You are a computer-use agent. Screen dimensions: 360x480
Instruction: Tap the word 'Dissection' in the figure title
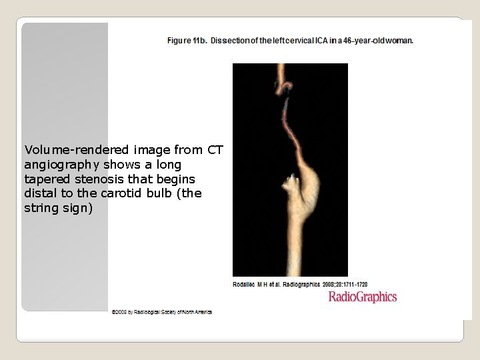(x=230, y=41)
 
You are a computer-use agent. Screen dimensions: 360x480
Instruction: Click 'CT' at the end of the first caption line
(x=215, y=150)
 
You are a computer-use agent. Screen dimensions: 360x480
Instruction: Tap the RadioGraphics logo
(x=362, y=297)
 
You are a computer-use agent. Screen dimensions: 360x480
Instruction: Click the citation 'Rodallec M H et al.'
(x=257, y=285)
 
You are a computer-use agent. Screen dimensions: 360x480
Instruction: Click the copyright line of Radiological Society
(x=161, y=312)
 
